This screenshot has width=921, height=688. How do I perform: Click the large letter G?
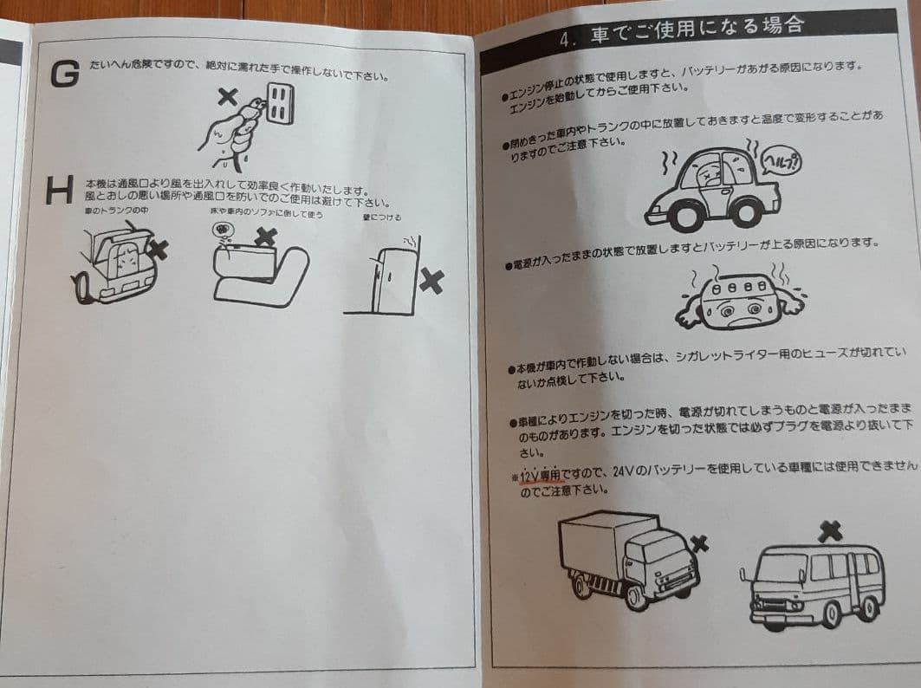click(65, 75)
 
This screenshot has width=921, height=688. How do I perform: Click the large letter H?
click(59, 191)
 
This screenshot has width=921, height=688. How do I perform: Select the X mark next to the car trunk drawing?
click(159, 250)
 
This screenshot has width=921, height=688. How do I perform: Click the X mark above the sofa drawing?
click(266, 236)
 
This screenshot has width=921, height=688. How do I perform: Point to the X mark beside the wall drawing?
click(431, 280)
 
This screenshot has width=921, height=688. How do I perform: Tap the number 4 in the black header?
click(568, 40)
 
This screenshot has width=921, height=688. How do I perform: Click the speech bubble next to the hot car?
click(781, 162)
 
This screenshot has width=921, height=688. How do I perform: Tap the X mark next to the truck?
click(699, 543)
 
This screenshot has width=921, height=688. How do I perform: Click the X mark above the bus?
click(828, 529)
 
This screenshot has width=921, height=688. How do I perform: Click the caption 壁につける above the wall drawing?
click(381, 217)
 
